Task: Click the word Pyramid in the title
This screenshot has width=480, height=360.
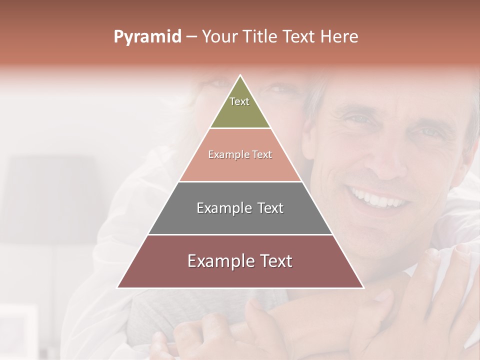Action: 147,36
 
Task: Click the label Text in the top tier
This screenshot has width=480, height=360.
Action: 239,101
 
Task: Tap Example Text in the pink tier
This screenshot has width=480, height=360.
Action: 240,154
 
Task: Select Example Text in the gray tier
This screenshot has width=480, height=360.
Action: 240,208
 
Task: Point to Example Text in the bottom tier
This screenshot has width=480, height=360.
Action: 240,261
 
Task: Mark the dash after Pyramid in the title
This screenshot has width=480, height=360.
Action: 191,36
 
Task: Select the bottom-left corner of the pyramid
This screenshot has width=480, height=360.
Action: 118,287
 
